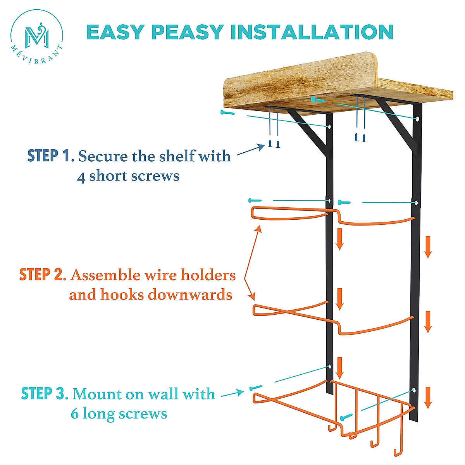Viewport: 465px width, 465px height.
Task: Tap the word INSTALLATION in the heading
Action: coord(312,32)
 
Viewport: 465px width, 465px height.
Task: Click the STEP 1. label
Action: coord(50,156)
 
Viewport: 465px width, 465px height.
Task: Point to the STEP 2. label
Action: coord(42,275)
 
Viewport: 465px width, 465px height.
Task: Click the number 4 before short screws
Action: coord(81,177)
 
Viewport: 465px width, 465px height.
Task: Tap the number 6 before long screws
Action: coord(75,414)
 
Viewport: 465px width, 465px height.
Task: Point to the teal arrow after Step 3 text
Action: coord(233,394)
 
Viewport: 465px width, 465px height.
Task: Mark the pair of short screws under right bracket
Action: coord(360,137)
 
